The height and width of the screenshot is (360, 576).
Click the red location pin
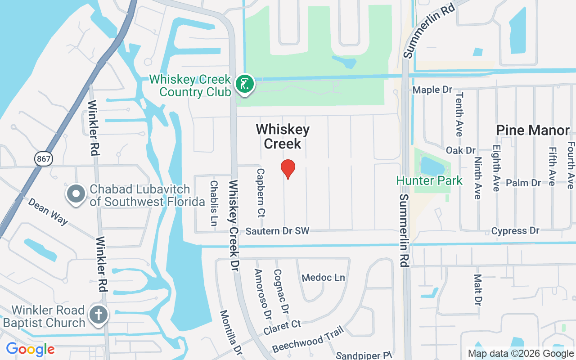click(x=288, y=169)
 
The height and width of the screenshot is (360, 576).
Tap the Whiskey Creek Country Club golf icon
click(x=244, y=84)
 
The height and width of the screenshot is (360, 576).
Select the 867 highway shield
click(x=44, y=158)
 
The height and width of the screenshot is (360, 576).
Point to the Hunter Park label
click(x=429, y=181)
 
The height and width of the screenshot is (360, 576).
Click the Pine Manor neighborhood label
click(x=532, y=130)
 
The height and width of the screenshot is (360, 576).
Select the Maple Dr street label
click(x=432, y=90)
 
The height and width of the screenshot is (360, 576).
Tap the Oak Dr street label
click(x=460, y=150)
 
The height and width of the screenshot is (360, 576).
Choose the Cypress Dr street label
click(x=515, y=231)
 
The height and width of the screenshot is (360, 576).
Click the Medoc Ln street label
click(x=323, y=278)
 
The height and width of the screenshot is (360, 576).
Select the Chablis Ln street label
click(x=214, y=203)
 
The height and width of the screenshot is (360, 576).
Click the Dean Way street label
click(x=48, y=211)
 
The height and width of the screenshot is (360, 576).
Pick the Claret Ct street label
click(x=282, y=327)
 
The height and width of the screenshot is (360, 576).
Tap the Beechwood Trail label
click(x=308, y=340)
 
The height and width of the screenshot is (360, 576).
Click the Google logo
click(x=30, y=349)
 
